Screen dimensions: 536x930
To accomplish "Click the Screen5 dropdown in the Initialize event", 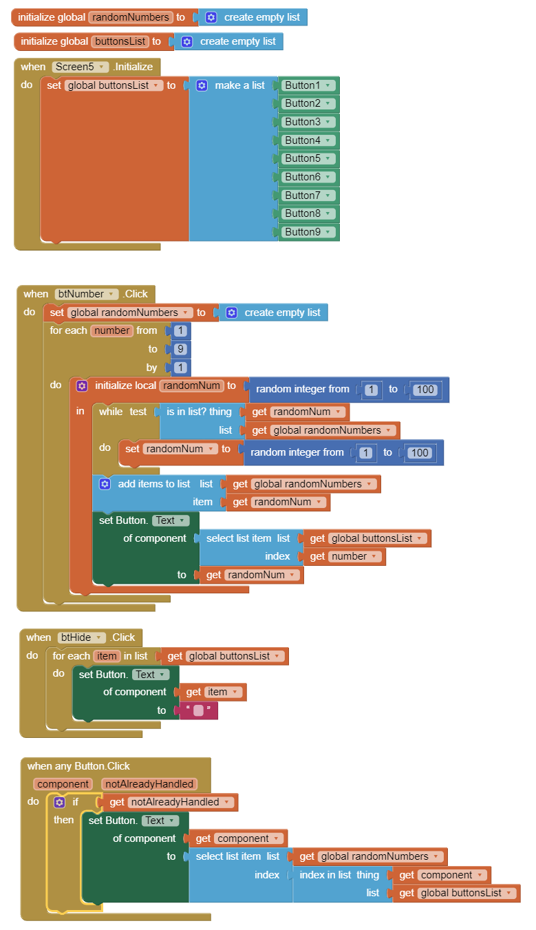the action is pyautogui.click(x=80, y=67).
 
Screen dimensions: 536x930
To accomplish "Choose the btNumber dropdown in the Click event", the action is pyautogui.click(x=86, y=294).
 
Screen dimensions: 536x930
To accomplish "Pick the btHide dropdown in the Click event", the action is pyautogui.click(x=81, y=637).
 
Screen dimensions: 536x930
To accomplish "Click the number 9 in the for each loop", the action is pyautogui.click(x=180, y=349).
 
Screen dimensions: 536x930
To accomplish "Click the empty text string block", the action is pyautogui.click(x=198, y=710).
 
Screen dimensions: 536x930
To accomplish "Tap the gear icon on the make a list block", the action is pyautogui.click(x=202, y=85).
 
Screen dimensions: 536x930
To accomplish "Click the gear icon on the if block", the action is pyautogui.click(x=60, y=802).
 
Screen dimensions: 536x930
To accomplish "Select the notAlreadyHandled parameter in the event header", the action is pyautogui.click(x=149, y=784).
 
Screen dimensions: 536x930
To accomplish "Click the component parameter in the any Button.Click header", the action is pyautogui.click(x=63, y=784).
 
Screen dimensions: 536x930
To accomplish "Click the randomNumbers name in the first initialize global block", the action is pyautogui.click(x=131, y=17).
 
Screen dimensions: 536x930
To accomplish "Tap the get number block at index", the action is pyautogui.click(x=344, y=556).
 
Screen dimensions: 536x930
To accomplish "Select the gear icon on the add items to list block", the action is pyautogui.click(x=105, y=484).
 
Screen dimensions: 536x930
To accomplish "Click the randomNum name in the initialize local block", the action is pyautogui.click(x=191, y=385).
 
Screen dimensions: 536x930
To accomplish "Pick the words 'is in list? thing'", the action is pyautogui.click(x=199, y=412).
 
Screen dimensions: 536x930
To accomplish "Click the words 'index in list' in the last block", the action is pyautogui.click(x=325, y=875).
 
